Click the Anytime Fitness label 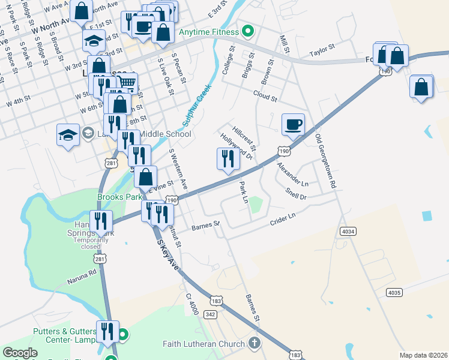(x=208, y=31)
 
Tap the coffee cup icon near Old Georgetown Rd (x=293, y=124)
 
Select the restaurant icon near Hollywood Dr (x=228, y=159)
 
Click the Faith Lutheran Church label (x=204, y=344)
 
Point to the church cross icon (x=254, y=344)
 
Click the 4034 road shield (x=347, y=230)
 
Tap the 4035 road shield (x=394, y=292)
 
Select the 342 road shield (x=210, y=314)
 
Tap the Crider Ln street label (x=283, y=219)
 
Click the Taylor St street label (x=321, y=53)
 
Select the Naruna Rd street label (x=82, y=274)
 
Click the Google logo (x=20, y=353)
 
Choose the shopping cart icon (x=127, y=83)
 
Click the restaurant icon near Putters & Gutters (x=107, y=331)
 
